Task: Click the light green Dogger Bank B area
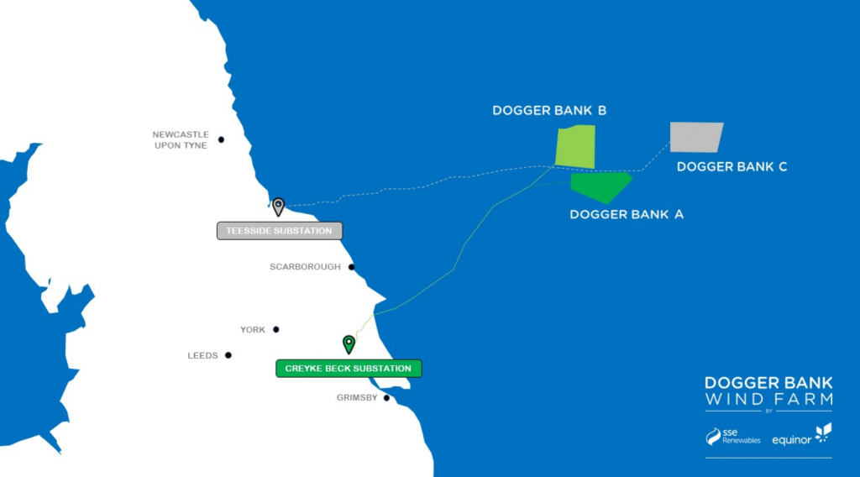click(575, 146)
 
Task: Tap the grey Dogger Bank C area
click(695, 137)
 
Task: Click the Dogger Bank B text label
click(549, 111)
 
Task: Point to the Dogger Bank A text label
click(627, 214)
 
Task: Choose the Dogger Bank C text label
click(732, 166)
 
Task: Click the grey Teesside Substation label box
click(280, 231)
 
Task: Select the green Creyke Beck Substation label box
click(349, 369)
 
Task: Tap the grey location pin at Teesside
click(278, 206)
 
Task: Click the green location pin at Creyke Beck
click(349, 343)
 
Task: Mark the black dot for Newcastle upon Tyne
click(222, 139)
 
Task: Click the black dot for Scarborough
click(351, 267)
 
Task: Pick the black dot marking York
click(275, 329)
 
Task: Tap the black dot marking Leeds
click(228, 355)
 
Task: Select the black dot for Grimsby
click(386, 397)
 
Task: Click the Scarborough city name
click(305, 267)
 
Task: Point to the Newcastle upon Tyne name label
click(181, 139)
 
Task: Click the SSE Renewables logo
click(733, 437)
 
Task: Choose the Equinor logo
click(801, 436)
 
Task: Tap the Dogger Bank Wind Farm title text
click(768, 390)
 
